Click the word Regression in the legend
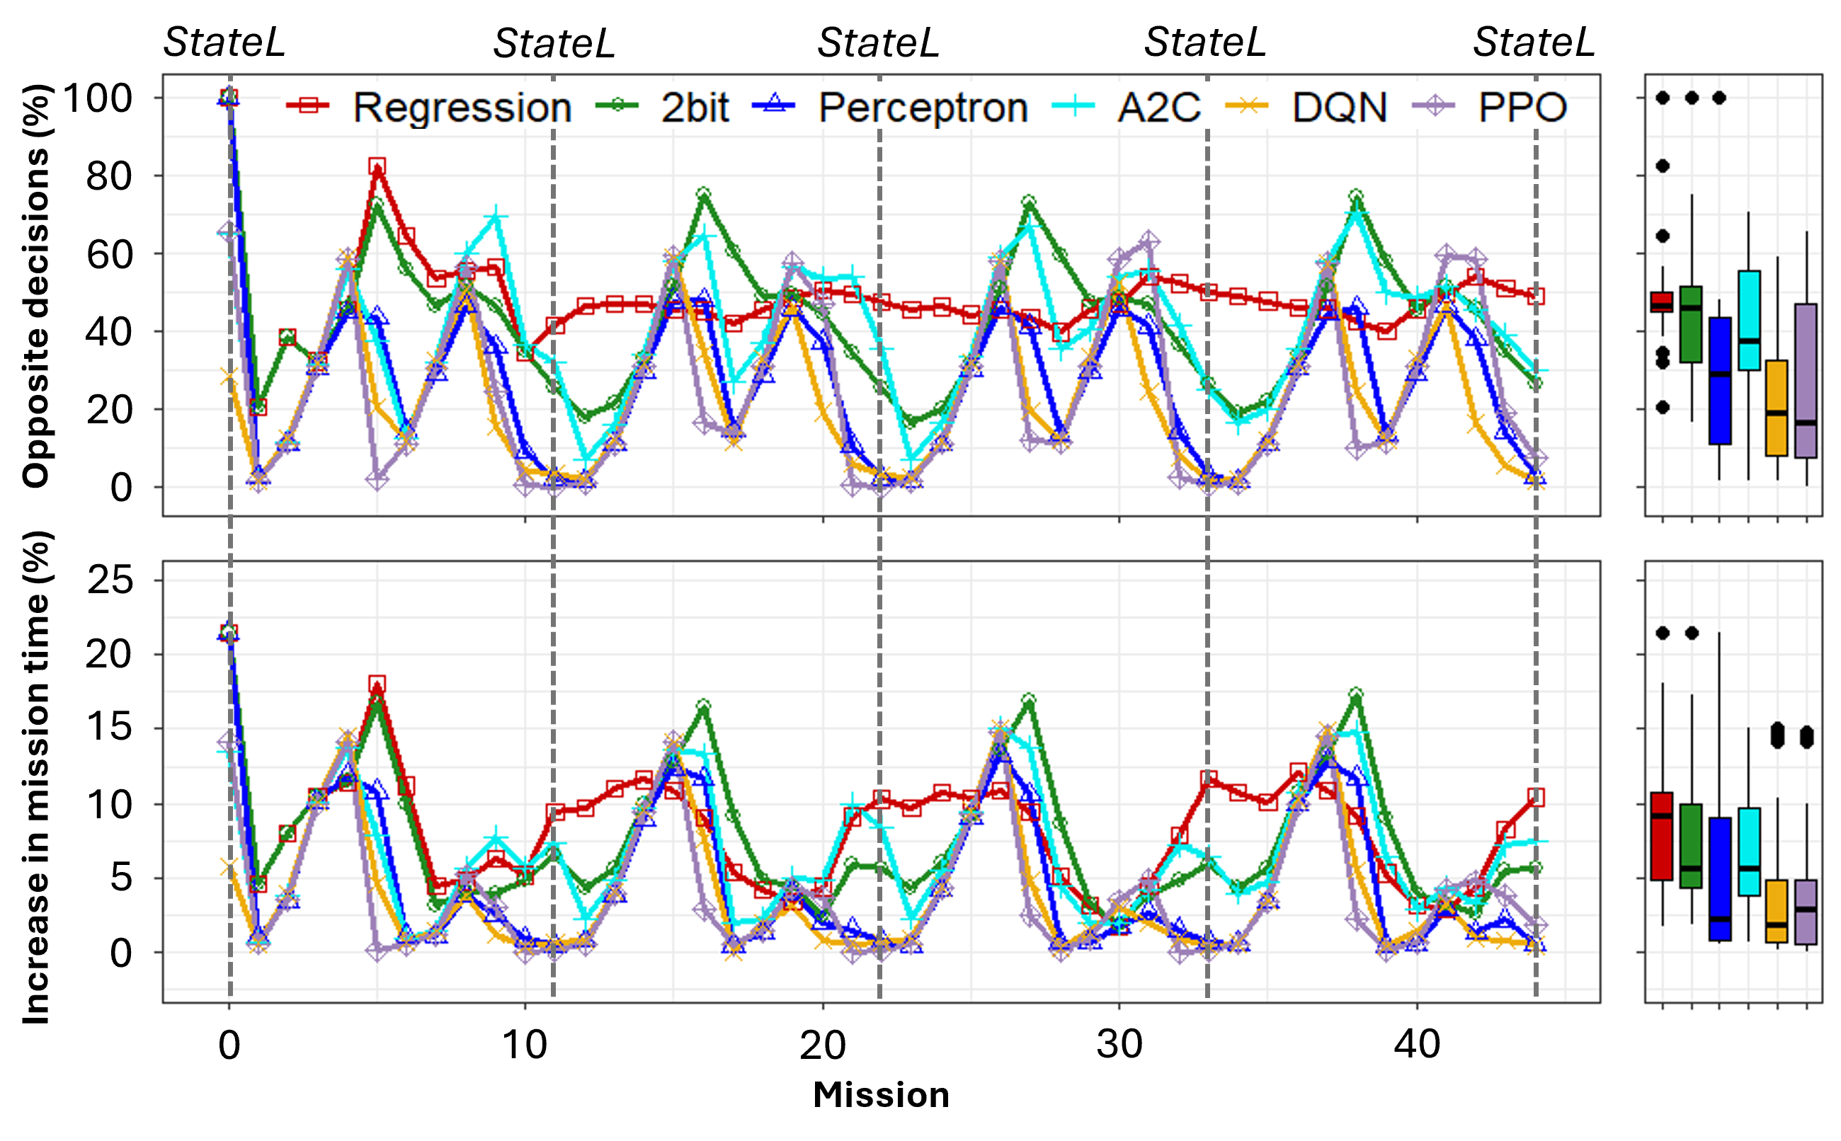(462, 107)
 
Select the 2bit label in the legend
(695, 107)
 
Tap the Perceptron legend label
(923, 107)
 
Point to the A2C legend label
(1158, 107)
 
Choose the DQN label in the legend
(1339, 107)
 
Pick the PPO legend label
(1522, 107)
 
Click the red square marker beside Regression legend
(308, 105)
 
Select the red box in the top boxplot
(1662, 302)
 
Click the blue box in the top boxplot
(1720, 380)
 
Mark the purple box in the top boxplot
(1806, 380)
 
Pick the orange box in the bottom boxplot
(1777, 911)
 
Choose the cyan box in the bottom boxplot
(1749, 852)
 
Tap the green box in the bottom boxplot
(1692, 846)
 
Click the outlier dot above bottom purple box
(1806, 737)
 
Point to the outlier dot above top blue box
(1719, 98)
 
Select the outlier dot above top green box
(1692, 98)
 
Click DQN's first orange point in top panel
(229, 376)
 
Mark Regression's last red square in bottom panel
(1536, 798)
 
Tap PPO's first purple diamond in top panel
(229, 231)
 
